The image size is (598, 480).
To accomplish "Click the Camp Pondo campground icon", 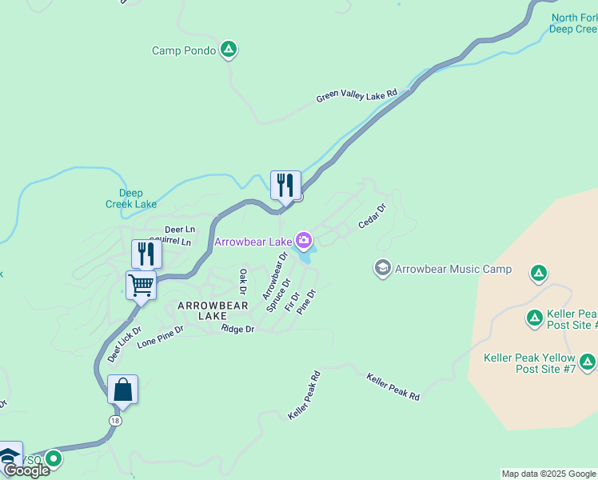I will click(229, 50).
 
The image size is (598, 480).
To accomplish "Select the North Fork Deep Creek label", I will click(574, 23).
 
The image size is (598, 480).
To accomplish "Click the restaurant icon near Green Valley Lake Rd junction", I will click(285, 186).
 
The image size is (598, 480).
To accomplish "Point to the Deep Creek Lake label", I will click(131, 198).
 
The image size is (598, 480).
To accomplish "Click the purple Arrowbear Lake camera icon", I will click(304, 240).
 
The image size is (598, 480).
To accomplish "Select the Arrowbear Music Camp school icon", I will click(383, 269).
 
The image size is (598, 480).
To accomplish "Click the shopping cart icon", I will click(141, 285).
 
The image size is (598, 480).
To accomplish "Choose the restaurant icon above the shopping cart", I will click(146, 254).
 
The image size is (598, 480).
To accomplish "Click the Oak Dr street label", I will click(243, 281).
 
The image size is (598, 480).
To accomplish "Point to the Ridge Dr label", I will click(237, 329).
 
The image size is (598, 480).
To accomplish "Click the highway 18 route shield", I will click(116, 420).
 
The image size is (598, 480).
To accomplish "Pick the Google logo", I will click(26, 470).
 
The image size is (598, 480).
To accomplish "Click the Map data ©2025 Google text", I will click(549, 474).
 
